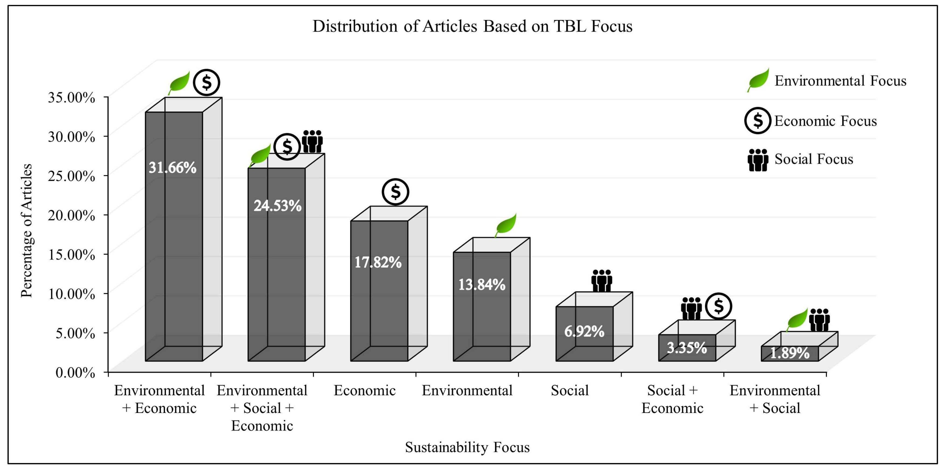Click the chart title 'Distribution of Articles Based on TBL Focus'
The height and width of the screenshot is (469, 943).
click(x=472, y=26)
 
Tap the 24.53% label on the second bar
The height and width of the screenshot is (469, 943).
click(x=277, y=206)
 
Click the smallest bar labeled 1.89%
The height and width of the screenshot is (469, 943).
click(x=790, y=353)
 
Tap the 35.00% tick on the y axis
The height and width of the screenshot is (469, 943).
click(x=71, y=98)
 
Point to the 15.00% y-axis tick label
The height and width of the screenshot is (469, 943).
click(x=71, y=254)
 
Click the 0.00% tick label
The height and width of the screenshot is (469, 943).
click(x=75, y=373)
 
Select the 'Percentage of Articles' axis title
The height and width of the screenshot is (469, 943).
click(x=26, y=231)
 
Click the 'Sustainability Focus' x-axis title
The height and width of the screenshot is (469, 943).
click(x=467, y=447)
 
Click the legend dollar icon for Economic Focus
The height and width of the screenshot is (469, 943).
click(x=758, y=121)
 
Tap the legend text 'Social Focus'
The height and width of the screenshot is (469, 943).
click(x=813, y=159)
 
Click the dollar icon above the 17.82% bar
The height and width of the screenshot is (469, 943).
click(x=395, y=192)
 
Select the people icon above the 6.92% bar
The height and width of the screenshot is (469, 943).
click(x=601, y=280)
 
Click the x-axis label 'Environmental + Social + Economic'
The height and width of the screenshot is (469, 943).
click(x=262, y=408)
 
